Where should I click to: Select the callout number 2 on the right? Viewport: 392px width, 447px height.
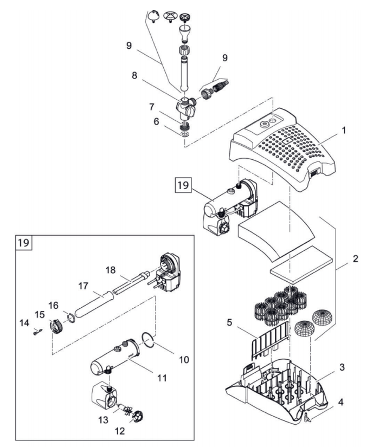pyautogui.click(x=355, y=259)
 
